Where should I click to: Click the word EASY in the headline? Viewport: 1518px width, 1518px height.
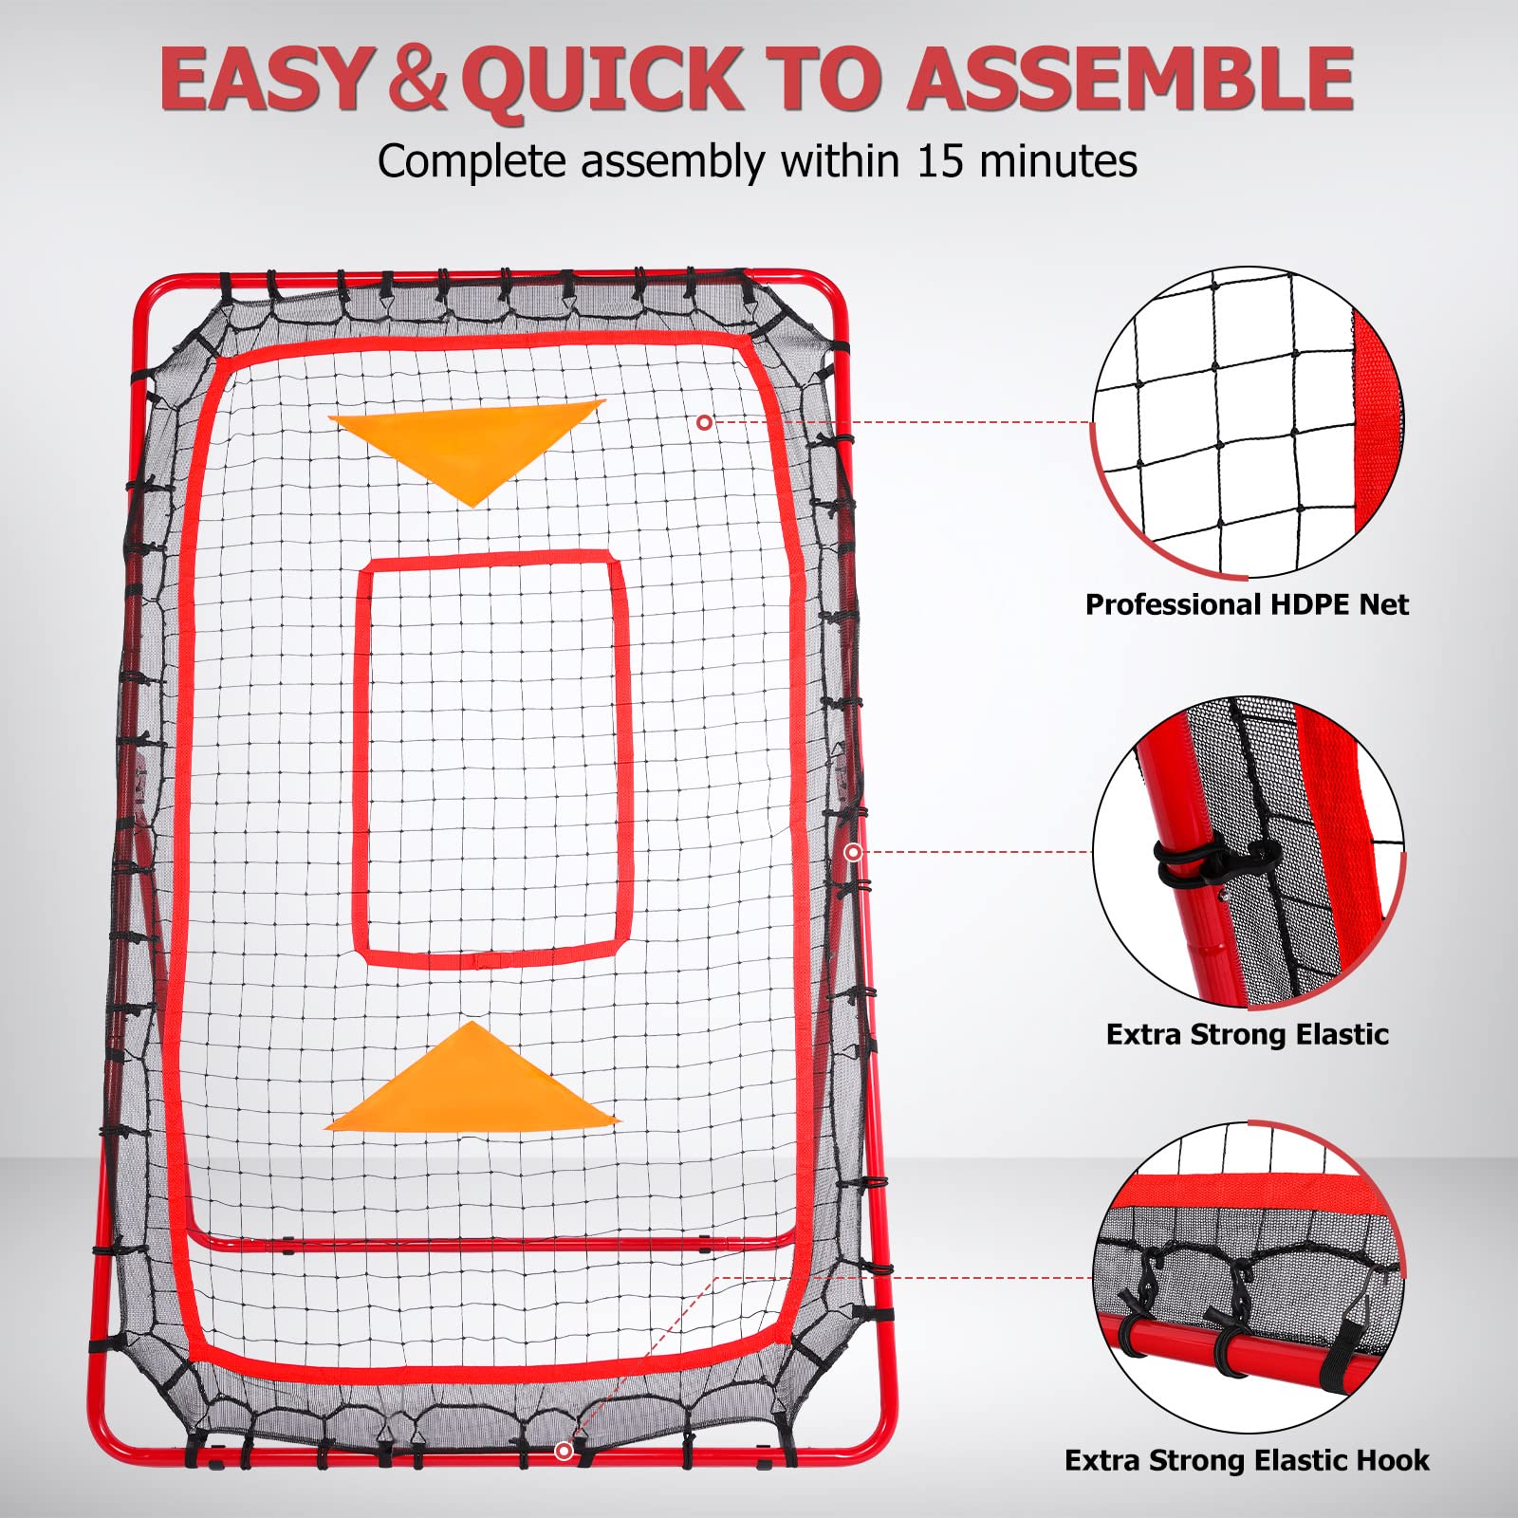click(264, 79)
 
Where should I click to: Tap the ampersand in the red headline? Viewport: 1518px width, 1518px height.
click(417, 79)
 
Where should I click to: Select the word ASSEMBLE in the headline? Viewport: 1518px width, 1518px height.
click(1130, 79)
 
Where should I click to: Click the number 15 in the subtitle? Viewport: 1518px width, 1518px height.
click(941, 161)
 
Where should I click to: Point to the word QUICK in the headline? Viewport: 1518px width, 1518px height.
click(607, 81)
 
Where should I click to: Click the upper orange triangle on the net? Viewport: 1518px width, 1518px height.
click(468, 447)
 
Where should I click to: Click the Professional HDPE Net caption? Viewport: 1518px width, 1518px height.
click(1247, 604)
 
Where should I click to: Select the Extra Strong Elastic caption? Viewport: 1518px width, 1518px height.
click(1247, 1034)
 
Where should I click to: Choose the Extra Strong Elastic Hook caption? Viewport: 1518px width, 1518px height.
click(1247, 1460)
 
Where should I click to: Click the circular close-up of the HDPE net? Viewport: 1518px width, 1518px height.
click(1247, 422)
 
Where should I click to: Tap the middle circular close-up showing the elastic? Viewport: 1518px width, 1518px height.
click(1247, 852)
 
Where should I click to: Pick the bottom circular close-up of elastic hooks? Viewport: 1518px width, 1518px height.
click(1247, 1277)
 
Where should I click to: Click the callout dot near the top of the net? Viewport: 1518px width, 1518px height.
click(704, 422)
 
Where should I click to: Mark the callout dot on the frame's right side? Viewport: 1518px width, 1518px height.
click(853, 852)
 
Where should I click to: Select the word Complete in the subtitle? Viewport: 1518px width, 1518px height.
click(472, 162)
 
